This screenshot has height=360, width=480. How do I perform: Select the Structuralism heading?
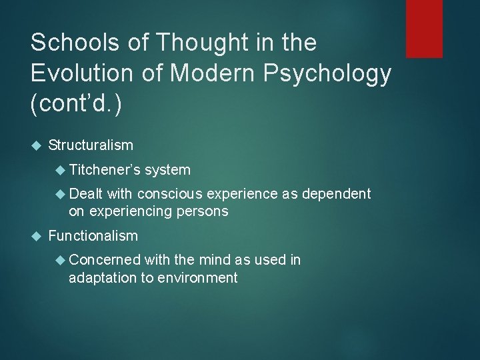(91, 145)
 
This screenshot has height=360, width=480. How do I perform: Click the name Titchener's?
(104, 170)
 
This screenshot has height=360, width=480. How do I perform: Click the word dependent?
(337, 194)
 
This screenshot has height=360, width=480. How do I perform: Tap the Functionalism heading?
(93, 235)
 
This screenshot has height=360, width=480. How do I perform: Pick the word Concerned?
(105, 260)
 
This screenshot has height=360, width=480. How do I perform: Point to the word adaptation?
(101, 277)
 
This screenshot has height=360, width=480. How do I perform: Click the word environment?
(197, 277)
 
